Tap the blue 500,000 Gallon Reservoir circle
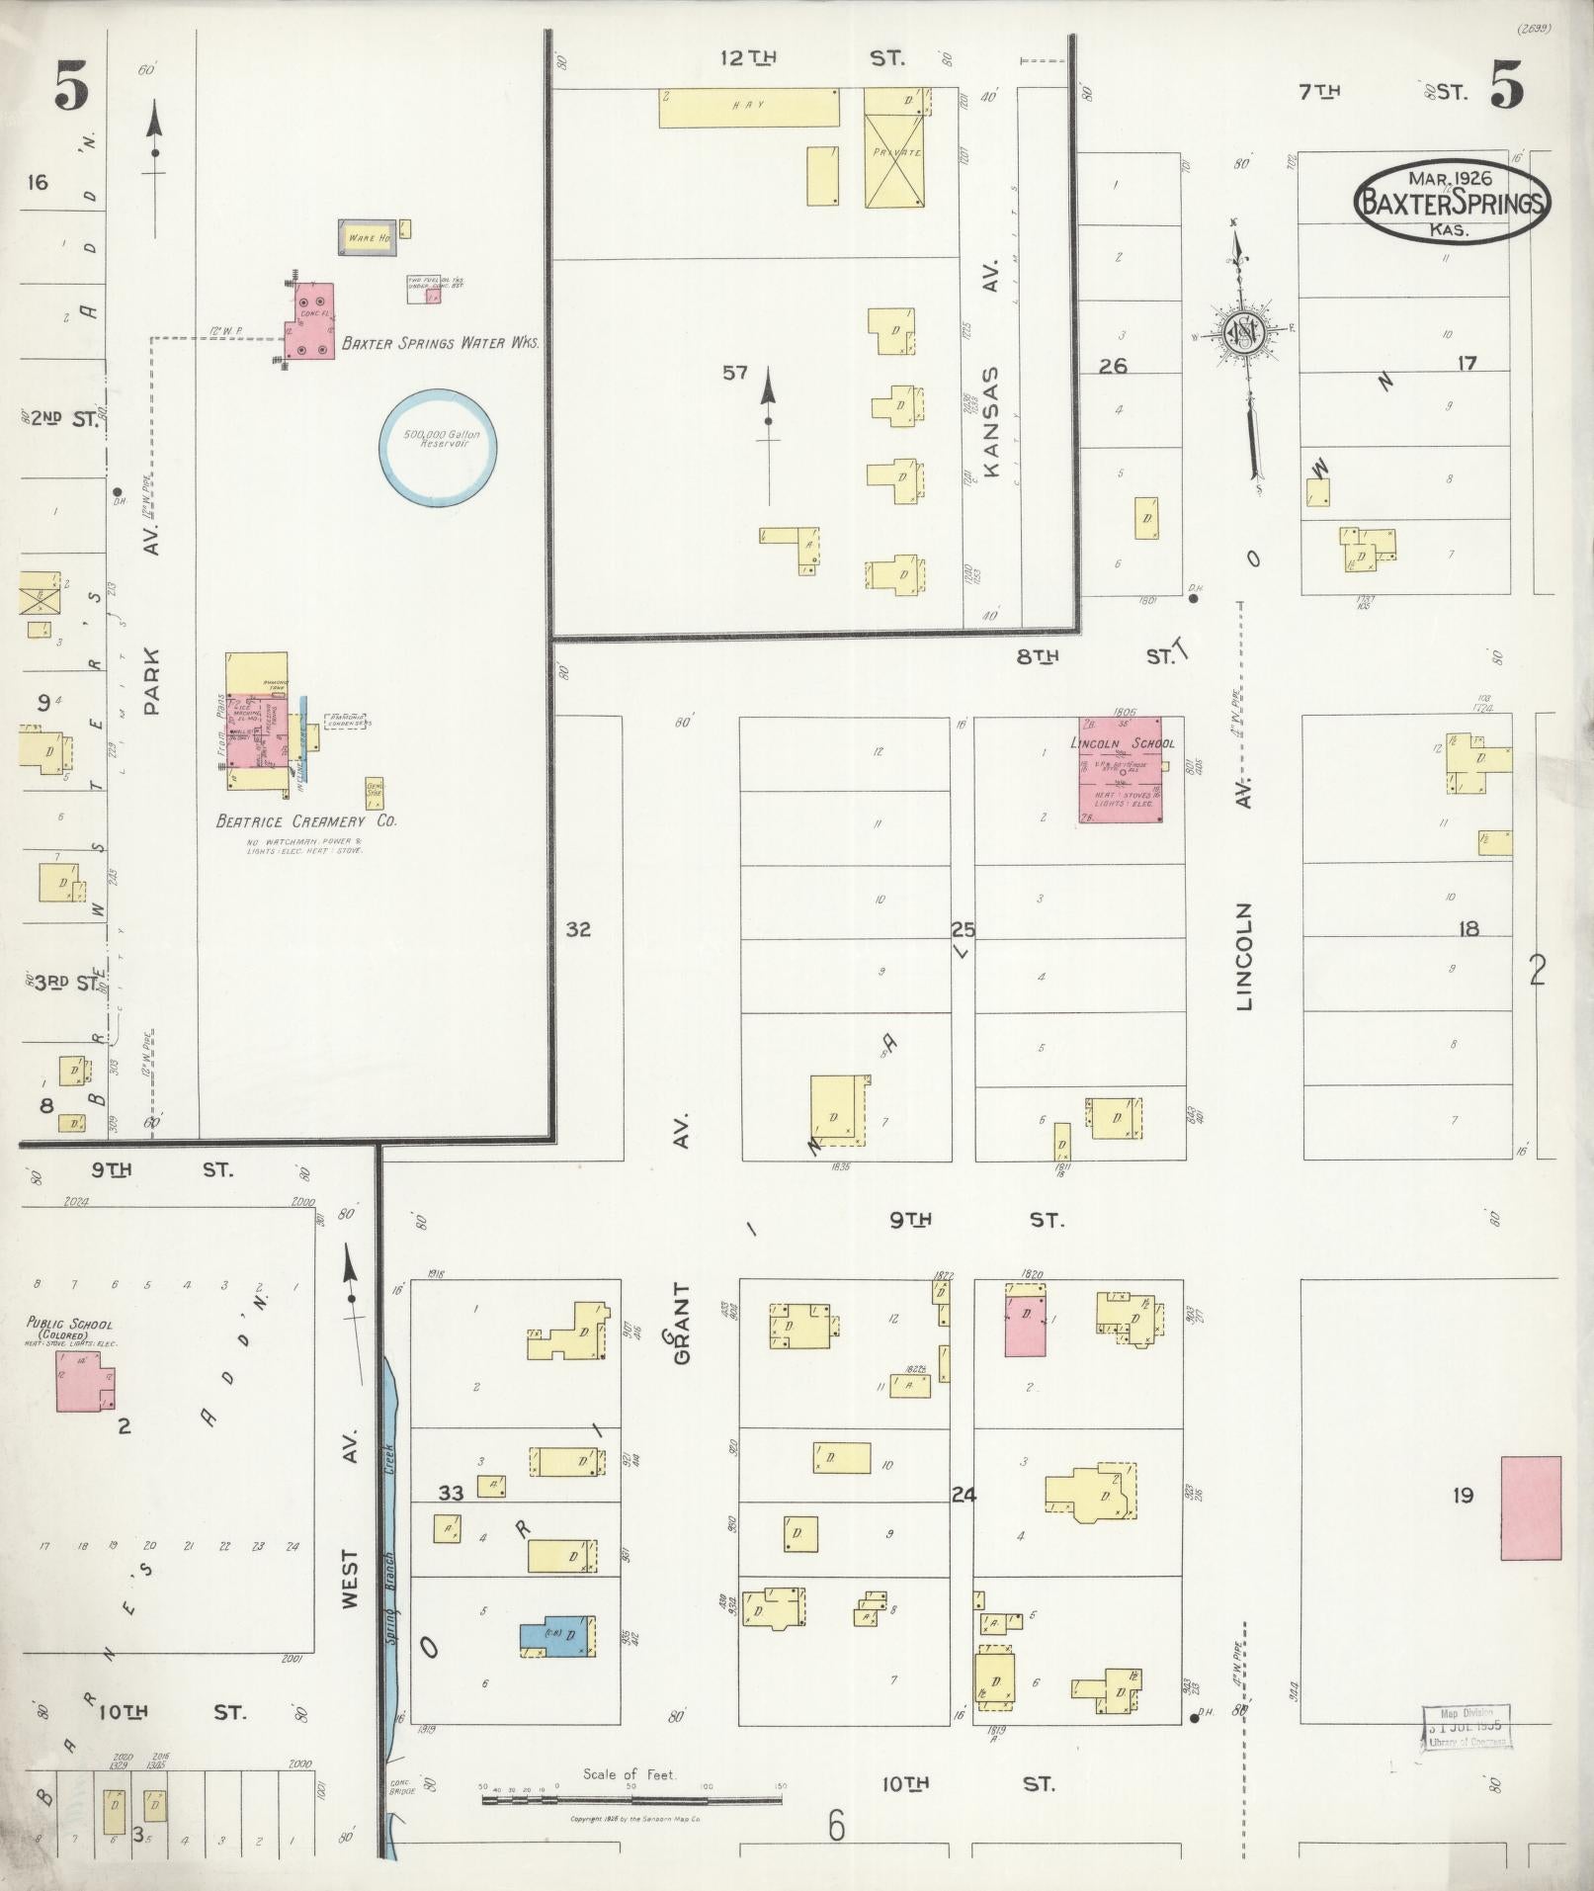(439, 447)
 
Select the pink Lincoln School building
(1120, 770)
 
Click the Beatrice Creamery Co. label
(306, 821)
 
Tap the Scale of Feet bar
(631, 1799)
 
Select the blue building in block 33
(556, 1638)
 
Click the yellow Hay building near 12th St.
(750, 107)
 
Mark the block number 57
(734, 373)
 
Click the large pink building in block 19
(1530, 1508)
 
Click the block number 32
(578, 929)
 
